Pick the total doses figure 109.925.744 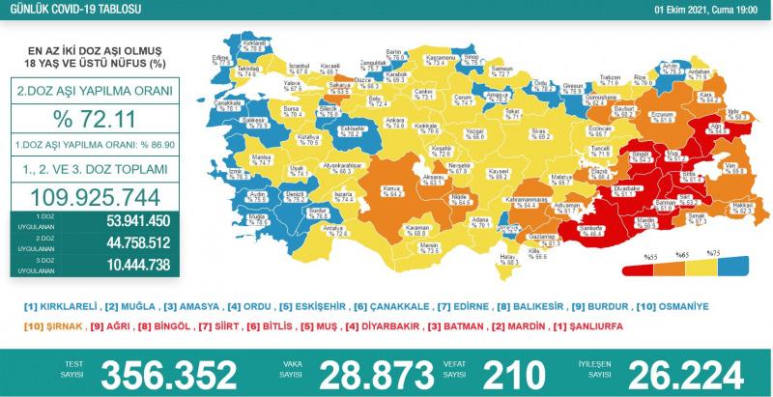95,195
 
